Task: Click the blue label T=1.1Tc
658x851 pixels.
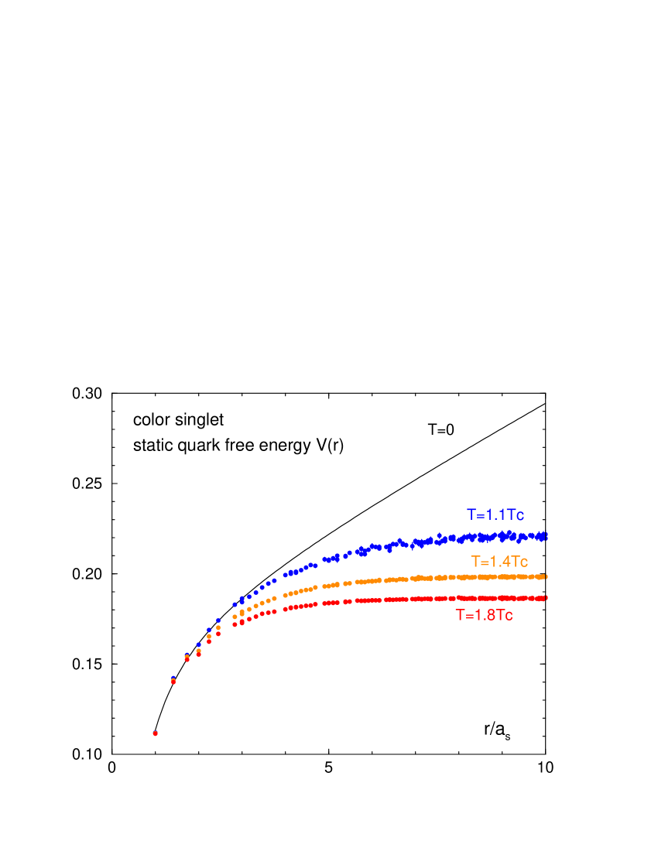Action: (x=495, y=515)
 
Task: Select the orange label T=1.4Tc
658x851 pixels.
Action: (x=499, y=562)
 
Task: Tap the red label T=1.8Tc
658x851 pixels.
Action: (x=484, y=616)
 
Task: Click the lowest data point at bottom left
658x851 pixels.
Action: (x=155, y=733)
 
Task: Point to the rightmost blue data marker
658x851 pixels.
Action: (x=546, y=535)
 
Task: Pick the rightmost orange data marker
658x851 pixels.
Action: (x=546, y=576)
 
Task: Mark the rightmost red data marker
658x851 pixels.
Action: (x=546, y=597)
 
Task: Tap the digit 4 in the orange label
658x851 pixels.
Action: (x=505, y=562)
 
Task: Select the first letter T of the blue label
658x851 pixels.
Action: (x=471, y=515)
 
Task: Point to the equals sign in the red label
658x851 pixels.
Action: (x=468, y=617)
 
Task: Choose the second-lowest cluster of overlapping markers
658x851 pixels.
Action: (x=173, y=681)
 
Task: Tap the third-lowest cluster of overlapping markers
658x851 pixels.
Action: (x=187, y=658)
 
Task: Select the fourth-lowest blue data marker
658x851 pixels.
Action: (x=198, y=645)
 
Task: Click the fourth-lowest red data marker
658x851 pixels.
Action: (x=198, y=654)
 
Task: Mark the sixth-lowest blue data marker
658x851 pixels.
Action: (x=218, y=620)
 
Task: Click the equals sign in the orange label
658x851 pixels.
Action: (x=483, y=562)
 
